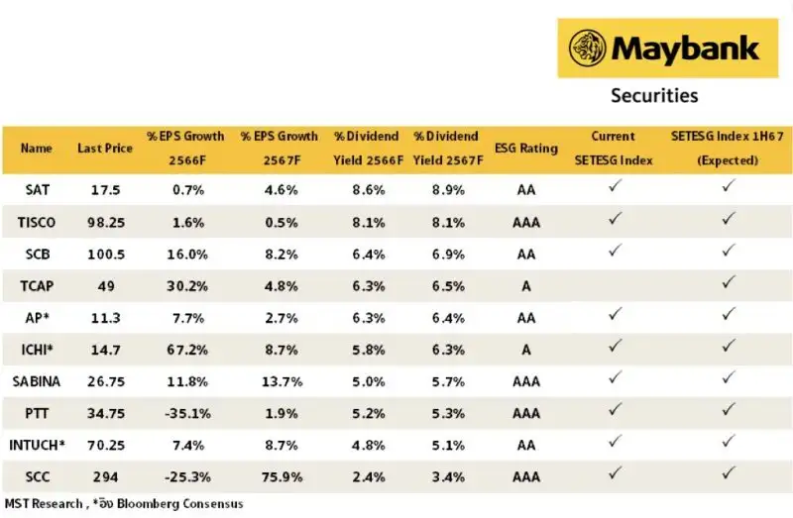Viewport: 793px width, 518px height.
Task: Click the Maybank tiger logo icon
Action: click(589, 47)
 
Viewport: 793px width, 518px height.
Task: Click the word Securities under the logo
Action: click(653, 95)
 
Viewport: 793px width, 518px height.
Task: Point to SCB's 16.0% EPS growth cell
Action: click(184, 253)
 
